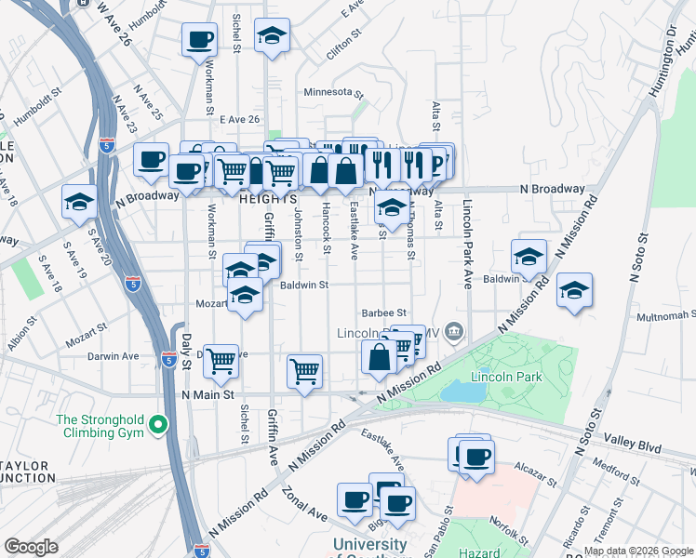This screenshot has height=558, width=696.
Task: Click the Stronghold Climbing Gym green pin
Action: click(157, 425)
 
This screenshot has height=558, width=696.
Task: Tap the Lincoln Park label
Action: click(506, 378)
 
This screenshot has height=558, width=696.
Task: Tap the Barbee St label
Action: click(385, 313)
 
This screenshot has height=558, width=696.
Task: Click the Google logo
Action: click(31, 547)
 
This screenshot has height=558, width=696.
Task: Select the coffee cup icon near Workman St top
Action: click(200, 40)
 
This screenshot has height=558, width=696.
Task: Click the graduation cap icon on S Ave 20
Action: click(80, 202)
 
